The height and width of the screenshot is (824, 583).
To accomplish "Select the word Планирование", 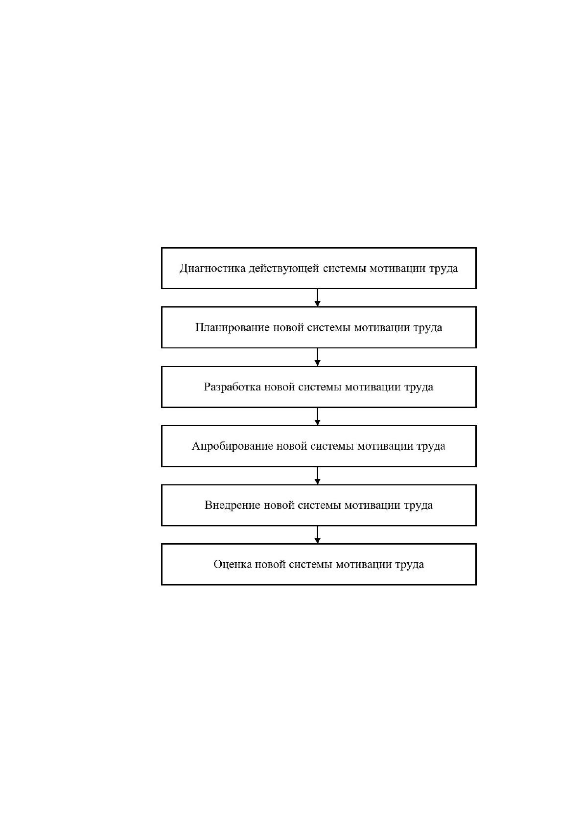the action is point(232,328).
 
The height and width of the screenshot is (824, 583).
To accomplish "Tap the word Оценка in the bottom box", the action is point(233,565).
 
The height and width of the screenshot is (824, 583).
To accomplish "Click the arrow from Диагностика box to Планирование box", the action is point(318,298).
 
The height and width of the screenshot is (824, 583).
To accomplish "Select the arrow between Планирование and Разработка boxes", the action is point(318,357).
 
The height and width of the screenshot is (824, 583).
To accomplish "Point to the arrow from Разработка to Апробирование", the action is point(318,416).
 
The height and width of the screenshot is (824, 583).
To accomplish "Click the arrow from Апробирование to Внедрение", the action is point(318,476).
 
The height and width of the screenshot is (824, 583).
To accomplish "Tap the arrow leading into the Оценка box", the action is point(318,535).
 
